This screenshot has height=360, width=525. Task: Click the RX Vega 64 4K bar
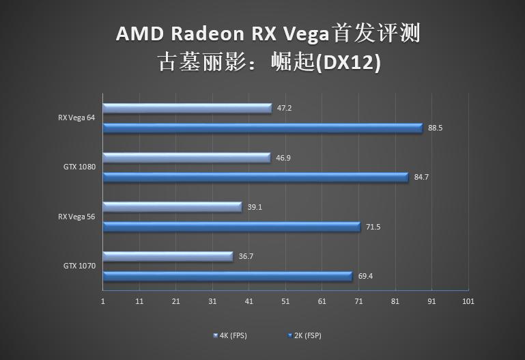(187, 108)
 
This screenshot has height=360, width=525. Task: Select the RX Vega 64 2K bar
(262, 128)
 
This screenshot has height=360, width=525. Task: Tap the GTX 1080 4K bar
(186, 158)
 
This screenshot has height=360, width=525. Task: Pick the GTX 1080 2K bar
(255, 178)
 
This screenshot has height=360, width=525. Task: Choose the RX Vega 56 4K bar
(172, 207)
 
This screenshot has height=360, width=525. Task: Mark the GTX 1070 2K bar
(227, 277)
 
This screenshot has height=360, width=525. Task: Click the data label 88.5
(436, 128)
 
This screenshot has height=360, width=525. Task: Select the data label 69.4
(365, 277)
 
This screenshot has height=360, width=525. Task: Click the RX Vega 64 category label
(76, 117)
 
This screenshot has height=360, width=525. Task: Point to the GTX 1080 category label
(79, 167)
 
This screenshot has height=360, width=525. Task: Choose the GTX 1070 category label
(79, 266)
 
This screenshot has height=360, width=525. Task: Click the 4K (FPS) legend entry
(229, 335)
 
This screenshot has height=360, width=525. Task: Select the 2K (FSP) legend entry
(304, 335)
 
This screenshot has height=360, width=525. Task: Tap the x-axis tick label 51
(285, 301)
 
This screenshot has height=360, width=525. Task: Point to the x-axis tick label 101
(468, 301)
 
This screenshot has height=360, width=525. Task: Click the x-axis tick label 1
(103, 301)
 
